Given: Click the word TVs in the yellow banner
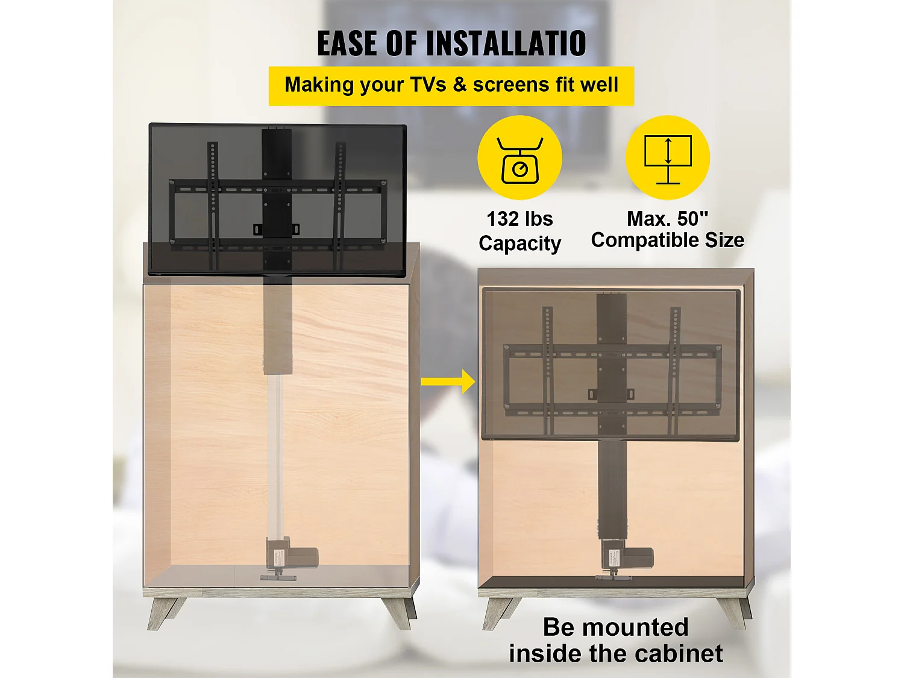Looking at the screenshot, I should coord(428,85).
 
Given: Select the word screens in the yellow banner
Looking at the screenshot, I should coord(511,85).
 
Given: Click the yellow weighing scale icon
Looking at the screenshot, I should coord(519,158).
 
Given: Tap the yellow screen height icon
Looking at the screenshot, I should coord(668,158).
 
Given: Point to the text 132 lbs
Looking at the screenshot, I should coord(519,219).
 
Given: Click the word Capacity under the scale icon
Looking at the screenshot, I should coord(519,243).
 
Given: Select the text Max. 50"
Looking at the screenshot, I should coord(668,218).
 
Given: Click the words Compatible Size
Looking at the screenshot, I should coord(668,240).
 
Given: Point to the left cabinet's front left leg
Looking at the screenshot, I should coord(161,612).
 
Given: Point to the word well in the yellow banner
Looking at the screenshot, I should coord(599,85).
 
